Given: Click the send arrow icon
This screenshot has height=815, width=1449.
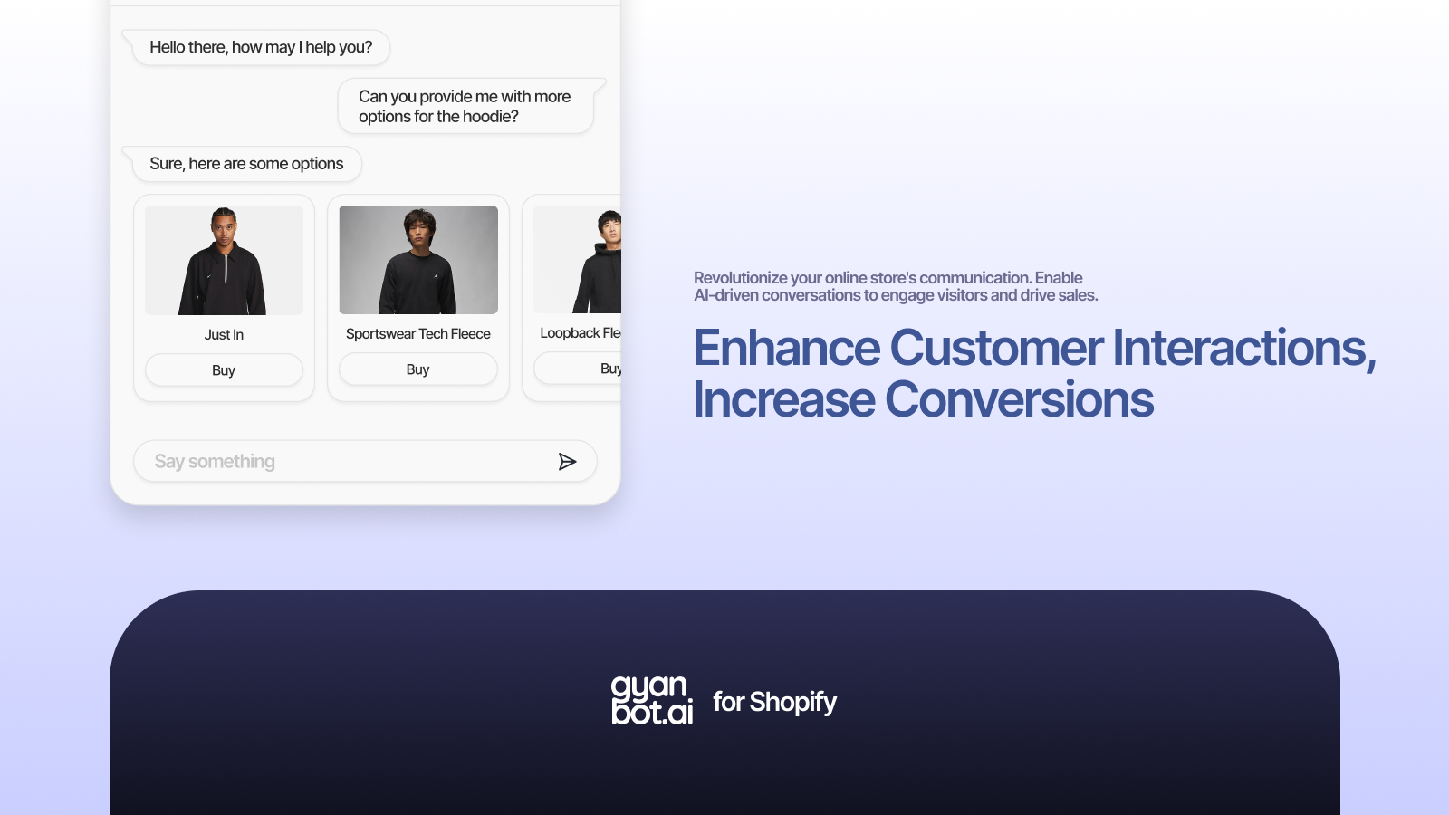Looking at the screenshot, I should pyautogui.click(x=567, y=462).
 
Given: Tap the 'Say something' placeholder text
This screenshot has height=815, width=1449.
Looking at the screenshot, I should pyautogui.click(x=215, y=462).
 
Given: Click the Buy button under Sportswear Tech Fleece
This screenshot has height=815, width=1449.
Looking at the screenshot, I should pyautogui.click(x=417, y=369).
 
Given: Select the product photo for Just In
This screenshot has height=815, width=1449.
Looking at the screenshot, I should pyautogui.click(x=224, y=261).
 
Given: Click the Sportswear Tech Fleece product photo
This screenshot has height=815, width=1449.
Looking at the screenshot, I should pyautogui.click(x=418, y=260).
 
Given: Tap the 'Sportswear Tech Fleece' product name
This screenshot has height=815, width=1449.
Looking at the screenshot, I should pyautogui.click(x=418, y=334).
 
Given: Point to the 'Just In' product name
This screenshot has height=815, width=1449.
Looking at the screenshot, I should pyautogui.click(x=224, y=335).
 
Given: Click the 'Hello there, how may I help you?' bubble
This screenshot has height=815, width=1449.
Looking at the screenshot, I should pyautogui.click(x=261, y=48).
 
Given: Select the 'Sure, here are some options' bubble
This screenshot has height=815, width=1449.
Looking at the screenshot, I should pyautogui.click(x=246, y=164).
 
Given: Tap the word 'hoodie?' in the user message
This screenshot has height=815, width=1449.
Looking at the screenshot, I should pyautogui.click(x=490, y=117).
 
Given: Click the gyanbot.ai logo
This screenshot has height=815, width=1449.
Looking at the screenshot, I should pyautogui.click(x=652, y=700).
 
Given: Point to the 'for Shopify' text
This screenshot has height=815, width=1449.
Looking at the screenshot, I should pyautogui.click(x=774, y=702).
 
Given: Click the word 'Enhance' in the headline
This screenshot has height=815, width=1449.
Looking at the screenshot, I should pyautogui.click(x=786, y=349).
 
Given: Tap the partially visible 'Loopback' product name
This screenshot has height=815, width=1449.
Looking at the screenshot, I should pyautogui.click(x=570, y=333).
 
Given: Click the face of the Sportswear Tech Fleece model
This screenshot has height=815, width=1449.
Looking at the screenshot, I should pyautogui.click(x=418, y=228).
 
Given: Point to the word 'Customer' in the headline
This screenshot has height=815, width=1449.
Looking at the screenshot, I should pyautogui.click(x=996, y=349).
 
